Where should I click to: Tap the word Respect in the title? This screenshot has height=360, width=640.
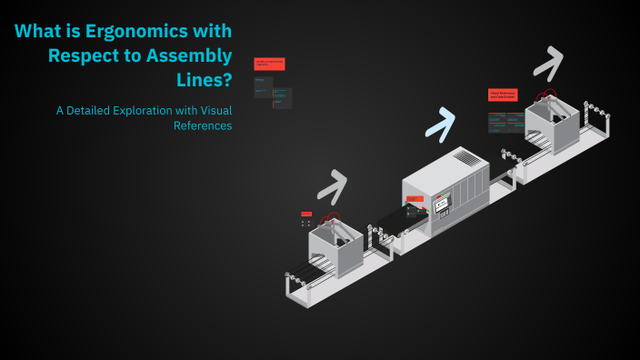click(83, 55)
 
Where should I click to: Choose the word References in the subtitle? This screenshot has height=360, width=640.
click(203, 125)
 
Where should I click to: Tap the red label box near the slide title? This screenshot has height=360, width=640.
click(269, 64)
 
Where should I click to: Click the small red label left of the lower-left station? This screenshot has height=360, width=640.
click(305, 214)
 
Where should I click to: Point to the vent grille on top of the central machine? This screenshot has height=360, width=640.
click(465, 158)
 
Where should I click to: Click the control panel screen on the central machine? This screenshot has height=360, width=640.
click(444, 206)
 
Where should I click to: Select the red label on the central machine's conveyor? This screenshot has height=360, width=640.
click(415, 198)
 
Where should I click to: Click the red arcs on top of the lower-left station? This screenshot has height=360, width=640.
click(332, 219)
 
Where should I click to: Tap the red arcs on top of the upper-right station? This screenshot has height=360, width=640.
click(546, 96)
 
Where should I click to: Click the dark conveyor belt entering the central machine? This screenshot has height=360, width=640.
click(396, 218)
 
